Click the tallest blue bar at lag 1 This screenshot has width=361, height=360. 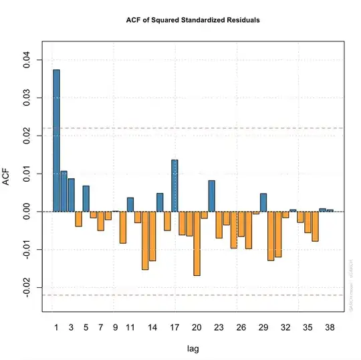(56, 140)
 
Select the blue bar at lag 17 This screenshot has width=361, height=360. (174, 186)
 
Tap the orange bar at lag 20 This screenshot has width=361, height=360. (197, 243)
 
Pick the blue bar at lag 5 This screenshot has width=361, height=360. (86, 198)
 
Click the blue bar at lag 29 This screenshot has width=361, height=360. (263, 202)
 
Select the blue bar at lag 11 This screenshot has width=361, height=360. (130, 204)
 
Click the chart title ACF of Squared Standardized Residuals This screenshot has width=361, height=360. (193, 20)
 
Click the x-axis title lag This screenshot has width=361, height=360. (193, 348)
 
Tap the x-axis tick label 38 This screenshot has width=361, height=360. (330, 328)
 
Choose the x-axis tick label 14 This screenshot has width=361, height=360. (152, 328)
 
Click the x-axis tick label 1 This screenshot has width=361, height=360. (56, 328)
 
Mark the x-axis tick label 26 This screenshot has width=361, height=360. (241, 328)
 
